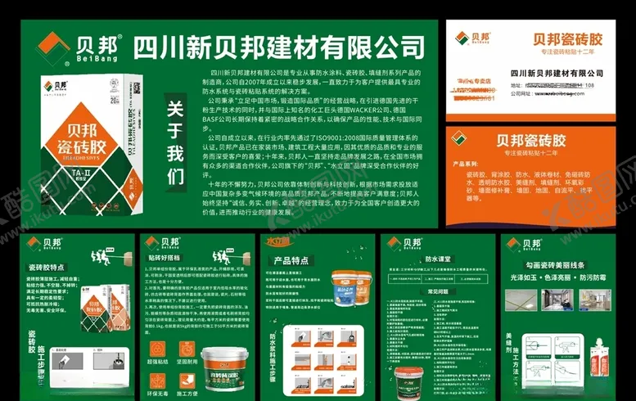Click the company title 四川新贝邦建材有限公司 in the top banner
coord(283,43)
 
